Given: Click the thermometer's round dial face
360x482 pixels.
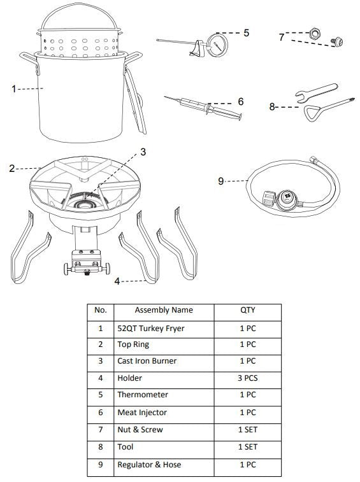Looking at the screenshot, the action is (x=217, y=45).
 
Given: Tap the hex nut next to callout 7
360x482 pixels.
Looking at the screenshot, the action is (x=315, y=33).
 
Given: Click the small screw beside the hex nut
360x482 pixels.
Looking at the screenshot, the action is (x=336, y=41).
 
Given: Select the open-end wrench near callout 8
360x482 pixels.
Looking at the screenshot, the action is (x=316, y=92).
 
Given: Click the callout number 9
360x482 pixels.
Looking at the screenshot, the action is (x=220, y=181).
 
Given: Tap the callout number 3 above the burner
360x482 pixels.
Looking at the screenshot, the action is (x=143, y=152).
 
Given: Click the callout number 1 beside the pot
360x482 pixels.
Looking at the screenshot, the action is (x=13, y=89).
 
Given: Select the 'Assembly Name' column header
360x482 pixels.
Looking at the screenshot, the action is (x=164, y=310).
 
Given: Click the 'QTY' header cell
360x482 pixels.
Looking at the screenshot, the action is (x=248, y=310).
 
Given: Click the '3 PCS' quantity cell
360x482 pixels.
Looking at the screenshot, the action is (x=248, y=378).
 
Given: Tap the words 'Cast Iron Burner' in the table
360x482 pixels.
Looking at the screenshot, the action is (x=147, y=361).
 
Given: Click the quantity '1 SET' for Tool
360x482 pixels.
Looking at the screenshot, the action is (x=248, y=446).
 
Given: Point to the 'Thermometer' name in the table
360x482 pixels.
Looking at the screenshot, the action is (x=143, y=395).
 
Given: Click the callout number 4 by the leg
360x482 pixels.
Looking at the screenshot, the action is (x=117, y=281).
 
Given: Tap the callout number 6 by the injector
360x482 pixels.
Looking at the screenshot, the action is (x=241, y=102).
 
